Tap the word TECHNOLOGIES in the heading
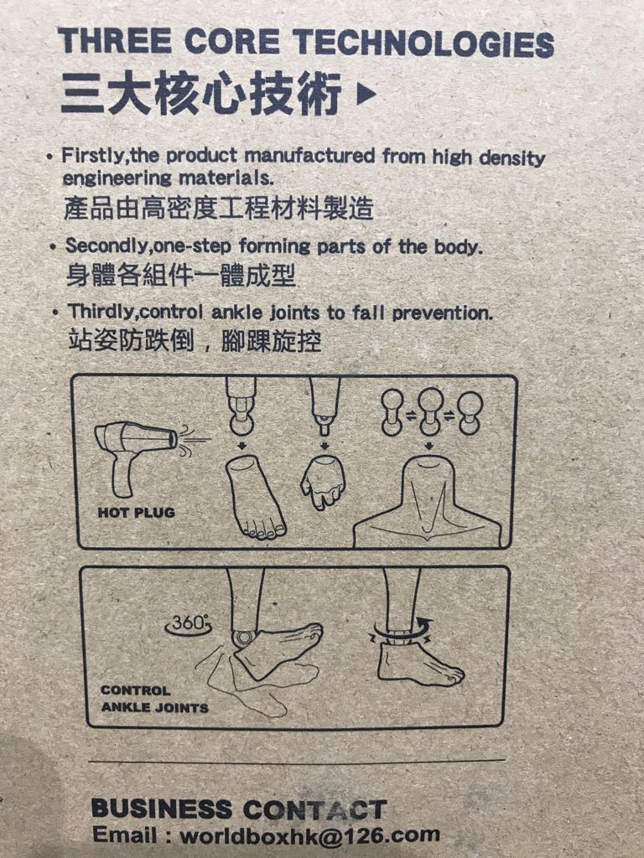coord(423,43)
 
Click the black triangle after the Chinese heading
coord(366,94)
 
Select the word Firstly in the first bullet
coord(94,155)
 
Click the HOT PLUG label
coord(137,513)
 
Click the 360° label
coord(189,623)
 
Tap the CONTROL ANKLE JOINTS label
coord(154,699)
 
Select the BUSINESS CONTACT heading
coord(239,809)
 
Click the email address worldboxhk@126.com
coord(310,835)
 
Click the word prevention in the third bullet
coord(443,313)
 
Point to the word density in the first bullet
coord(512,158)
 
